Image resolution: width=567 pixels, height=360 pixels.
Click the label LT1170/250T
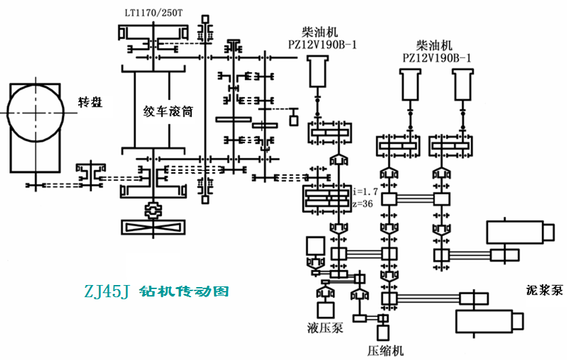pyautogui.click(x=154, y=13)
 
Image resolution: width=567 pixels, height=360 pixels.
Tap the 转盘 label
pyautogui.click(x=90, y=103)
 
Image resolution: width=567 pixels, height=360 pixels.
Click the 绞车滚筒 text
pyautogui.click(x=168, y=111)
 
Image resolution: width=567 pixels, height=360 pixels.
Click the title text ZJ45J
pyautogui.click(x=107, y=291)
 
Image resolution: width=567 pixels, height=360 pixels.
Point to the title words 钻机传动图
pyautogui.click(x=184, y=291)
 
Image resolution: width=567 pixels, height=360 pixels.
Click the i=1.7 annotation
pyautogui.click(x=366, y=191)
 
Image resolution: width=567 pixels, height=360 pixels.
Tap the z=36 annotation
pyautogui.click(x=362, y=204)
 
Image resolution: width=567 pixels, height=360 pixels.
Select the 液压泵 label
pyautogui.click(x=325, y=328)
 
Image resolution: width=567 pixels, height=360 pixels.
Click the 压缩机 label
pyautogui.click(x=385, y=351)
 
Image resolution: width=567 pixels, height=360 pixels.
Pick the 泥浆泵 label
pyautogui.click(x=545, y=290)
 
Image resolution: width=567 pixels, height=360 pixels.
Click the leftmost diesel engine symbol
pyautogui.click(x=318, y=72)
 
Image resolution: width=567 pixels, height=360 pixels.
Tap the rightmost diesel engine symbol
pyautogui.click(x=463, y=84)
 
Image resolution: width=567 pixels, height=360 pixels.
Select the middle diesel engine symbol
pyautogui.click(x=410, y=84)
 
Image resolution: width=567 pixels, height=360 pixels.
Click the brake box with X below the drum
pyautogui.click(x=153, y=227)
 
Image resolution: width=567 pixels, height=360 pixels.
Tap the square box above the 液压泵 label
pyautogui.click(x=325, y=310)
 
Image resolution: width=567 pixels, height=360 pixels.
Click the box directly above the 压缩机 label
pyautogui.click(x=383, y=333)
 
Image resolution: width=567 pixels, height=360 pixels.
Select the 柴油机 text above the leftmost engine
pyautogui.click(x=320, y=32)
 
